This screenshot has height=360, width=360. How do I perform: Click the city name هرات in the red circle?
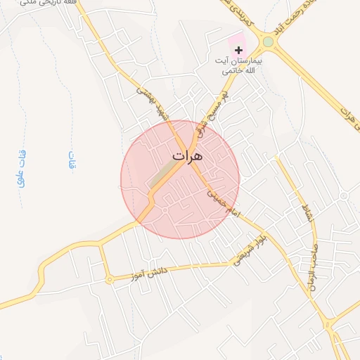coord(186,155)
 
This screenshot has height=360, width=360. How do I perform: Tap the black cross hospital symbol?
coord(239,50)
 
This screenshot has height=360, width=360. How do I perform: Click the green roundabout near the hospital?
coord(268,42)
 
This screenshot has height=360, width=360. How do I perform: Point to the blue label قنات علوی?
coord(21,168)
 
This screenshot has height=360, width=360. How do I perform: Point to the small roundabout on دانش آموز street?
coord(109,281)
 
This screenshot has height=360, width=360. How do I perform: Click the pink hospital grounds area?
coord(236,44)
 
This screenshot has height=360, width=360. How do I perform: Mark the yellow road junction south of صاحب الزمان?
coord(327,326)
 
